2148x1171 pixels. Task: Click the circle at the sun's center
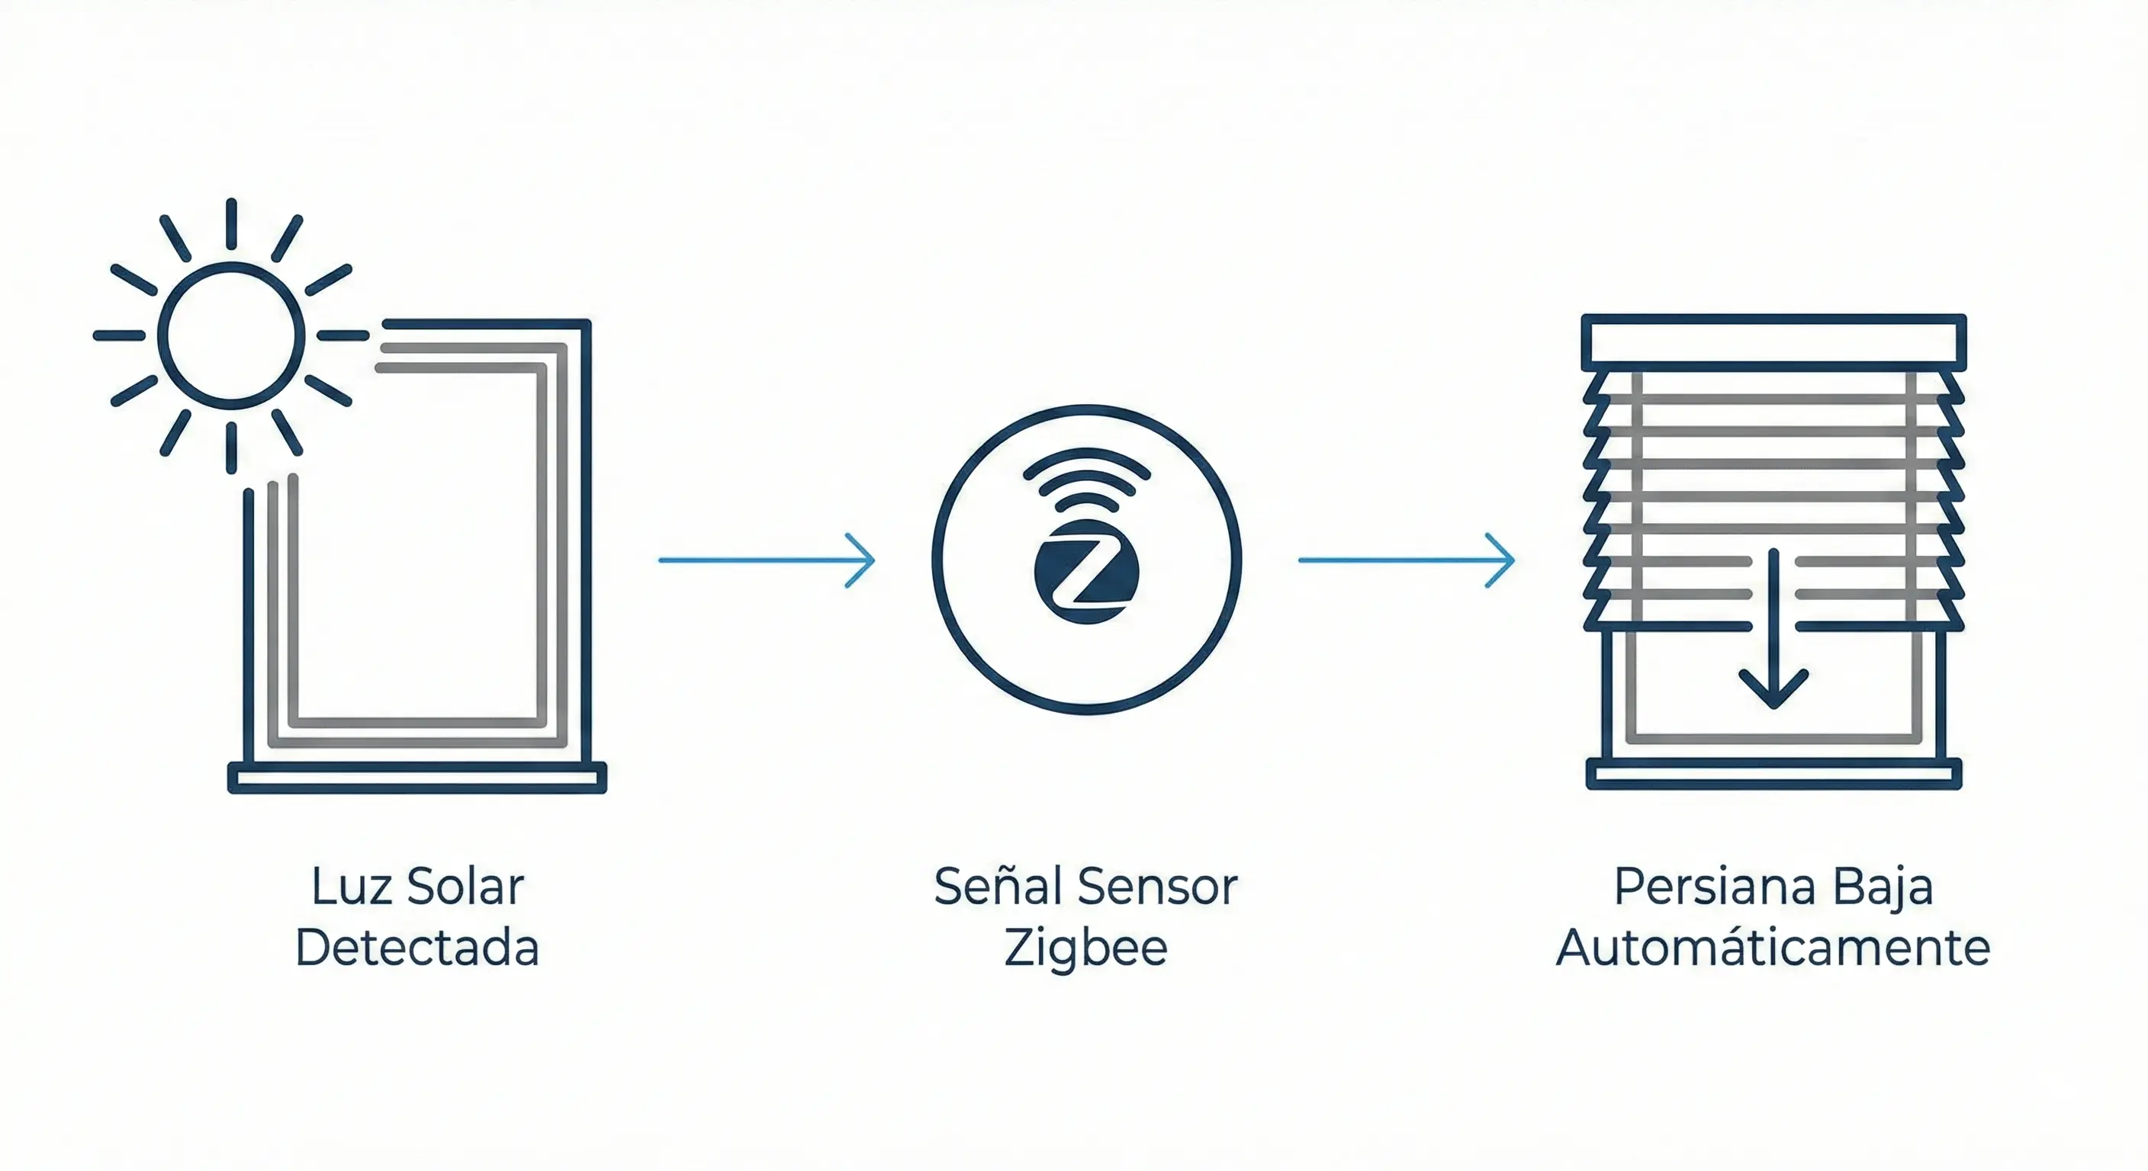pos(231,336)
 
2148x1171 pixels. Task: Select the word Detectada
pos(417,948)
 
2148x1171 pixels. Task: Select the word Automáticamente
pos(1773,948)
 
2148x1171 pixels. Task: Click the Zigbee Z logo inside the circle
pos(1085,573)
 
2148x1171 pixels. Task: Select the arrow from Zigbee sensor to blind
pos(1406,560)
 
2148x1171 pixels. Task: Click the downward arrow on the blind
pos(1773,634)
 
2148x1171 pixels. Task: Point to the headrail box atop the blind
pos(1773,342)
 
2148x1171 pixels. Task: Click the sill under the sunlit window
pos(417,778)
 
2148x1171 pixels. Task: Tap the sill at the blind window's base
pos(1773,775)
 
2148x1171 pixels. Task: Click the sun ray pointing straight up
pos(231,223)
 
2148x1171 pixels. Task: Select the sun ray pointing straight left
pos(119,336)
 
